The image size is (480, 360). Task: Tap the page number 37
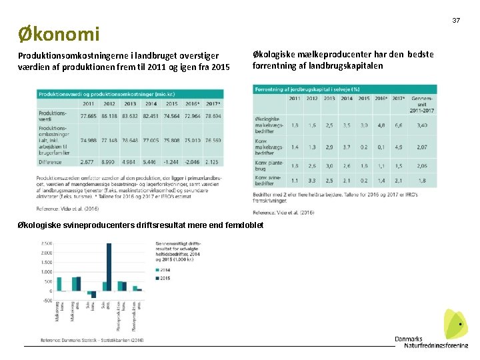point(457,21)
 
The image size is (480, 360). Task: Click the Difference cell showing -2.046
point(192,161)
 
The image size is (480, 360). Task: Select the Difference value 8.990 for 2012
point(109,161)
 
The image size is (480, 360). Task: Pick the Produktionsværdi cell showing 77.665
point(89,115)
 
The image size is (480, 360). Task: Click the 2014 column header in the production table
point(151,103)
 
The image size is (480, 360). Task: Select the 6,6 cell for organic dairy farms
point(399,125)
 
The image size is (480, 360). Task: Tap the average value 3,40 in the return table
point(422,125)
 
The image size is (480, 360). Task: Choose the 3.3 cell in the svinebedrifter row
point(311,181)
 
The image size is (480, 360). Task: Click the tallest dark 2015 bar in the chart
point(109,267)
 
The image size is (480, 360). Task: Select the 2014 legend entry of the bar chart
point(163,269)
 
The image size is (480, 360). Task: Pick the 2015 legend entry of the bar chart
point(163,277)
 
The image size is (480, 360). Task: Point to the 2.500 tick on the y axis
point(46,243)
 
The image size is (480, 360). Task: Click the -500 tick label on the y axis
point(47,301)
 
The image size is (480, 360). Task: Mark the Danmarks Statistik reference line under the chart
point(92,340)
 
